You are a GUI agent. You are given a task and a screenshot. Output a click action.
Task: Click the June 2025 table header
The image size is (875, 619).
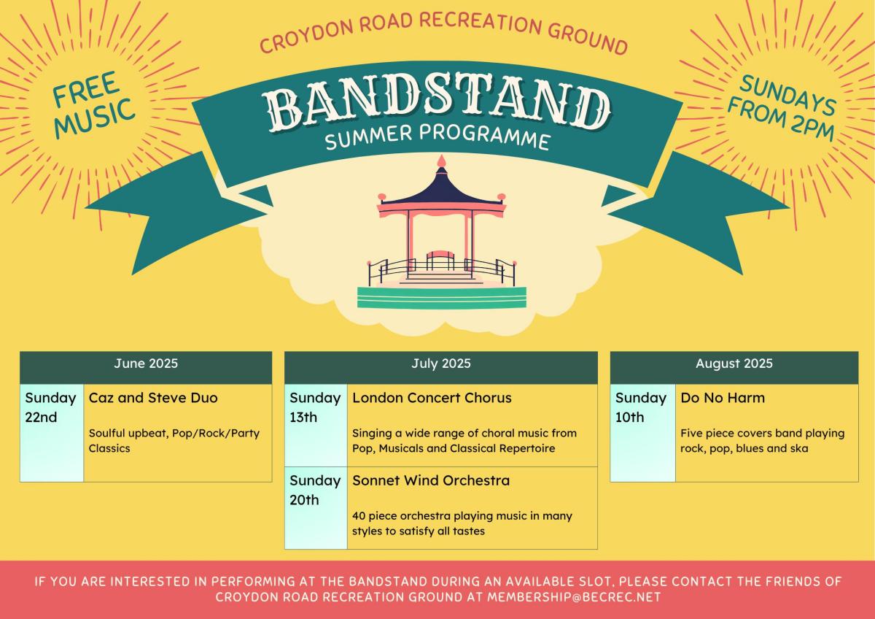coord(146,367)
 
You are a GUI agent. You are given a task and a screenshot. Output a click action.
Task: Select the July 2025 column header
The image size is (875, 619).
coord(440,367)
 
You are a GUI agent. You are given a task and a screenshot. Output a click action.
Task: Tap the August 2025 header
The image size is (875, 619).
coord(734,367)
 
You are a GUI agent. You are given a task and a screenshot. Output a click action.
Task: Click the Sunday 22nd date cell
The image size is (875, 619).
coord(52,433)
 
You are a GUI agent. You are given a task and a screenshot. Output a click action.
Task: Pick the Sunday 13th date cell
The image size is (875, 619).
coord(316,425)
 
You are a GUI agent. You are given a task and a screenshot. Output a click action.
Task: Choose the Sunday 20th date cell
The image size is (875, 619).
coord(316,508)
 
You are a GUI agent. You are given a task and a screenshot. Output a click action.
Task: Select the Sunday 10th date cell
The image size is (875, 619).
coord(642,433)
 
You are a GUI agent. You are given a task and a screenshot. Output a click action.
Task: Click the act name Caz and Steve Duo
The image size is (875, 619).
coord(153,398)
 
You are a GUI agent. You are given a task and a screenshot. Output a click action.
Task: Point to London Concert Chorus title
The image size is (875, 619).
coord(432,398)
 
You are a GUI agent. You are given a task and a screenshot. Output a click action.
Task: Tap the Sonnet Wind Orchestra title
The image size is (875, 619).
coord(431,480)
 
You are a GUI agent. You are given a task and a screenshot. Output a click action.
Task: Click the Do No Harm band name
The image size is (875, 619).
coord(723,398)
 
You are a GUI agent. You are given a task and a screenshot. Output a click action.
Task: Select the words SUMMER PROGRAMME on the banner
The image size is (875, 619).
coord(438,137)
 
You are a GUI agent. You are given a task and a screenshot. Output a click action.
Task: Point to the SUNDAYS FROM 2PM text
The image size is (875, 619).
coord(782,108)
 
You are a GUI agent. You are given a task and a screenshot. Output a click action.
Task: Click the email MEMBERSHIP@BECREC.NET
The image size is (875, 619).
coord(574,597)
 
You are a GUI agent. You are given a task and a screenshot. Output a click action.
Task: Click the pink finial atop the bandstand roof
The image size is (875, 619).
coord(441,161)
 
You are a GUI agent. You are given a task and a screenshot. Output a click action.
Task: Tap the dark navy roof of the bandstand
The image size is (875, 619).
coord(441,188)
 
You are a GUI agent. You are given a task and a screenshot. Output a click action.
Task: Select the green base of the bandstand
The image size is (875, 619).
coord(442,298)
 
